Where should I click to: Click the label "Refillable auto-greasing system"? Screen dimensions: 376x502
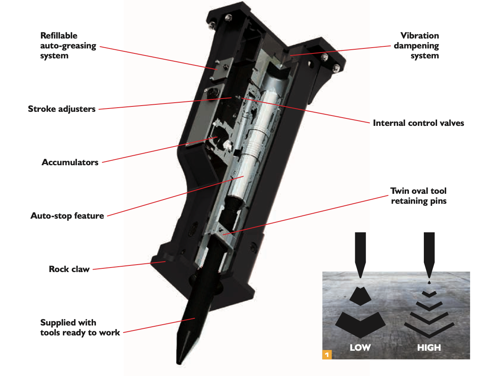(x=68, y=46)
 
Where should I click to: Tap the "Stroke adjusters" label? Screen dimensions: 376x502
(x=62, y=109)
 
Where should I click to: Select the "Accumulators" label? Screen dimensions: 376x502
(x=70, y=162)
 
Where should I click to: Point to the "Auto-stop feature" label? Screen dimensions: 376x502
(x=67, y=216)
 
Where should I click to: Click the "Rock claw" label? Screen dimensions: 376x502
(x=69, y=269)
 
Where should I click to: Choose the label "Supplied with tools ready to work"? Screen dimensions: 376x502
(x=80, y=327)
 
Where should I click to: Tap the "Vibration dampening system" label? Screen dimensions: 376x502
(x=416, y=46)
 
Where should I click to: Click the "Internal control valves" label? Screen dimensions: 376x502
(x=418, y=123)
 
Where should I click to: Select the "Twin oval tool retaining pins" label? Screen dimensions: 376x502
(x=418, y=196)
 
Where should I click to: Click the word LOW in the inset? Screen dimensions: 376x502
(x=360, y=347)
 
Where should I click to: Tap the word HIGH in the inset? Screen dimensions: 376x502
(x=429, y=347)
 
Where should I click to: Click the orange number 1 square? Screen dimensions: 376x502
(x=327, y=354)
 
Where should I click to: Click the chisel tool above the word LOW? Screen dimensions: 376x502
(x=360, y=253)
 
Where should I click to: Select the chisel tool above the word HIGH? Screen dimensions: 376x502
(x=429, y=253)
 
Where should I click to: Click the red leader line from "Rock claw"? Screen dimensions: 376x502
(x=124, y=265)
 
